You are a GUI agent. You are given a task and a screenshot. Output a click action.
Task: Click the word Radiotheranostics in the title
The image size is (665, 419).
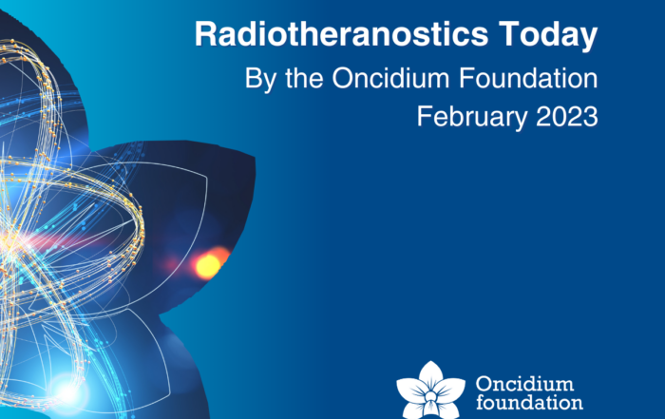pos(341,34)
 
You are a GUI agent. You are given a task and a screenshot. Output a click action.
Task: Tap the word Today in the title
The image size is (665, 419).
pos(548,36)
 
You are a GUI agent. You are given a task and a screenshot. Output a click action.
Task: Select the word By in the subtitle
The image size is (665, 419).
pos(258,79)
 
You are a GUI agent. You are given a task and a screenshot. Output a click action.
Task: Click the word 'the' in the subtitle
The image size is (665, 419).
pos(304,78)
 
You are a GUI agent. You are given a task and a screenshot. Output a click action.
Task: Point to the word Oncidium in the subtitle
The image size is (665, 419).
pos(390,78)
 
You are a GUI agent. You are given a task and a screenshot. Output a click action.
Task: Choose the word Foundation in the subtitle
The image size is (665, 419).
pos(528,78)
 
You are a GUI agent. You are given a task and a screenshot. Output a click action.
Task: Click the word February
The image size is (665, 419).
pos(471,118)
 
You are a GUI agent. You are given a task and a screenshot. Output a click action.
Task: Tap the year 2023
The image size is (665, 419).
pos(567,117)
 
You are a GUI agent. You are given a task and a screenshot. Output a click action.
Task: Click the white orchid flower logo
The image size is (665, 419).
pos(431,390)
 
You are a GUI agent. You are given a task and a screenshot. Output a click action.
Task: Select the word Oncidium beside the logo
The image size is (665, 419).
pos(524,384)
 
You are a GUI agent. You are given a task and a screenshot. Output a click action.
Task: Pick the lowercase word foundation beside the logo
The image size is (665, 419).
pos(529,402)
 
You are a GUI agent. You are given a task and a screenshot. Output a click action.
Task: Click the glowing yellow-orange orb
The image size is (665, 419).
pos(208,265)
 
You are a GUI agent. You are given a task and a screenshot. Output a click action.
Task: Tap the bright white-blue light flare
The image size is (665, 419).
pos(67,392)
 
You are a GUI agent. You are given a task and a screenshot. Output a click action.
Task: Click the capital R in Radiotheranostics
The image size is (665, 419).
pos(205,34)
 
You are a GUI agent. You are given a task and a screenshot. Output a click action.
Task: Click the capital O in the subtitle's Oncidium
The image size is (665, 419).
pos(343,78)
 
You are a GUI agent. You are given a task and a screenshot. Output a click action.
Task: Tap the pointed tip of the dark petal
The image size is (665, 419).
pos(255,158)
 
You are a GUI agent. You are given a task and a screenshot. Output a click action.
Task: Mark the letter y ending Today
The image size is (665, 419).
pos(588,40)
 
